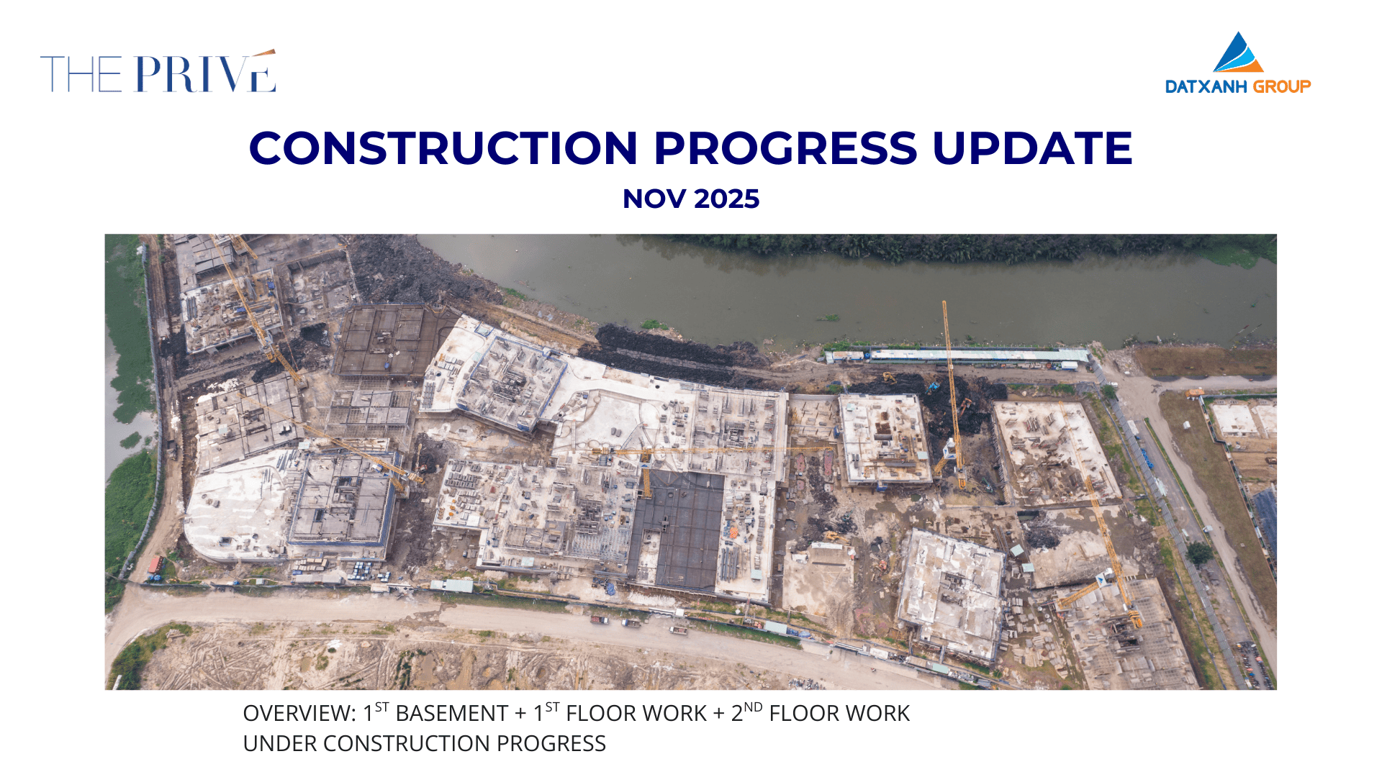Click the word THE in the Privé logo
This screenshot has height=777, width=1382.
click(x=81, y=74)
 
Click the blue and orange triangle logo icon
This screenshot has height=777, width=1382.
click(x=1238, y=52)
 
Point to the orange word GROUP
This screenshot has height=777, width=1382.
click(x=1282, y=87)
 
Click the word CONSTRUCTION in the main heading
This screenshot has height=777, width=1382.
click(x=443, y=148)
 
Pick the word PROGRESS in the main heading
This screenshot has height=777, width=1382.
click(x=785, y=148)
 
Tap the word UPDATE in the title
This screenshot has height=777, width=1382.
click(x=1032, y=148)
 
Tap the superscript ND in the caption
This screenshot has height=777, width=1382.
click(x=753, y=707)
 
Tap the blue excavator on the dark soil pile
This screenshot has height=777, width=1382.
click(x=934, y=386)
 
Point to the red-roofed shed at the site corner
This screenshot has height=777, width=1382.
click(x=155, y=565)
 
